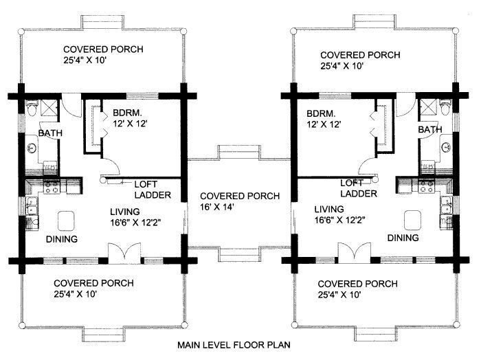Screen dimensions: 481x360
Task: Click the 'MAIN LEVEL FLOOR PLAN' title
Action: click(x=234, y=345)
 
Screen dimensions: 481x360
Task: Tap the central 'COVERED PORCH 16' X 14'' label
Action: click(x=240, y=201)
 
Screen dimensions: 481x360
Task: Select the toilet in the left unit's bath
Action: click(x=32, y=108)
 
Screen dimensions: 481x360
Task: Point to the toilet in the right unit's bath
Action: click(x=445, y=107)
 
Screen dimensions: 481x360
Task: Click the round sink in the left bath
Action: click(x=32, y=148)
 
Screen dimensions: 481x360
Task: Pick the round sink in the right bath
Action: click(x=446, y=148)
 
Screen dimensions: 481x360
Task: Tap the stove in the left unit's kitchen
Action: click(x=52, y=187)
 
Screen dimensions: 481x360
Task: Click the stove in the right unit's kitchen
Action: click(x=427, y=186)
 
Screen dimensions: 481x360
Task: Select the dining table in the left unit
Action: click(x=66, y=221)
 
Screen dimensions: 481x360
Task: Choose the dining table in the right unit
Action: click(x=412, y=220)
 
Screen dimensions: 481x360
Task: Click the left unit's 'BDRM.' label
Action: click(x=127, y=113)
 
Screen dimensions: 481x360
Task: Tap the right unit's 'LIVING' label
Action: click(x=329, y=210)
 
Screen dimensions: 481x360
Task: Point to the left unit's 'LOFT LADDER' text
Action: click(x=153, y=190)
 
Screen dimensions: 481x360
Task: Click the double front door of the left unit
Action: click(x=125, y=254)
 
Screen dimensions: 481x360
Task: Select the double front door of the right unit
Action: click(x=355, y=254)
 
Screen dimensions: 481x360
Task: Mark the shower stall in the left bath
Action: click(x=48, y=108)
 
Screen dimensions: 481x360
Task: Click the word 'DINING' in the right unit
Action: click(x=403, y=238)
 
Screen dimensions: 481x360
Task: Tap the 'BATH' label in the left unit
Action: click(x=50, y=133)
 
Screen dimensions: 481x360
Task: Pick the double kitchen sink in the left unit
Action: click(x=32, y=205)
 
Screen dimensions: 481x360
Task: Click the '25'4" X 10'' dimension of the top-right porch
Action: click(x=342, y=66)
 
